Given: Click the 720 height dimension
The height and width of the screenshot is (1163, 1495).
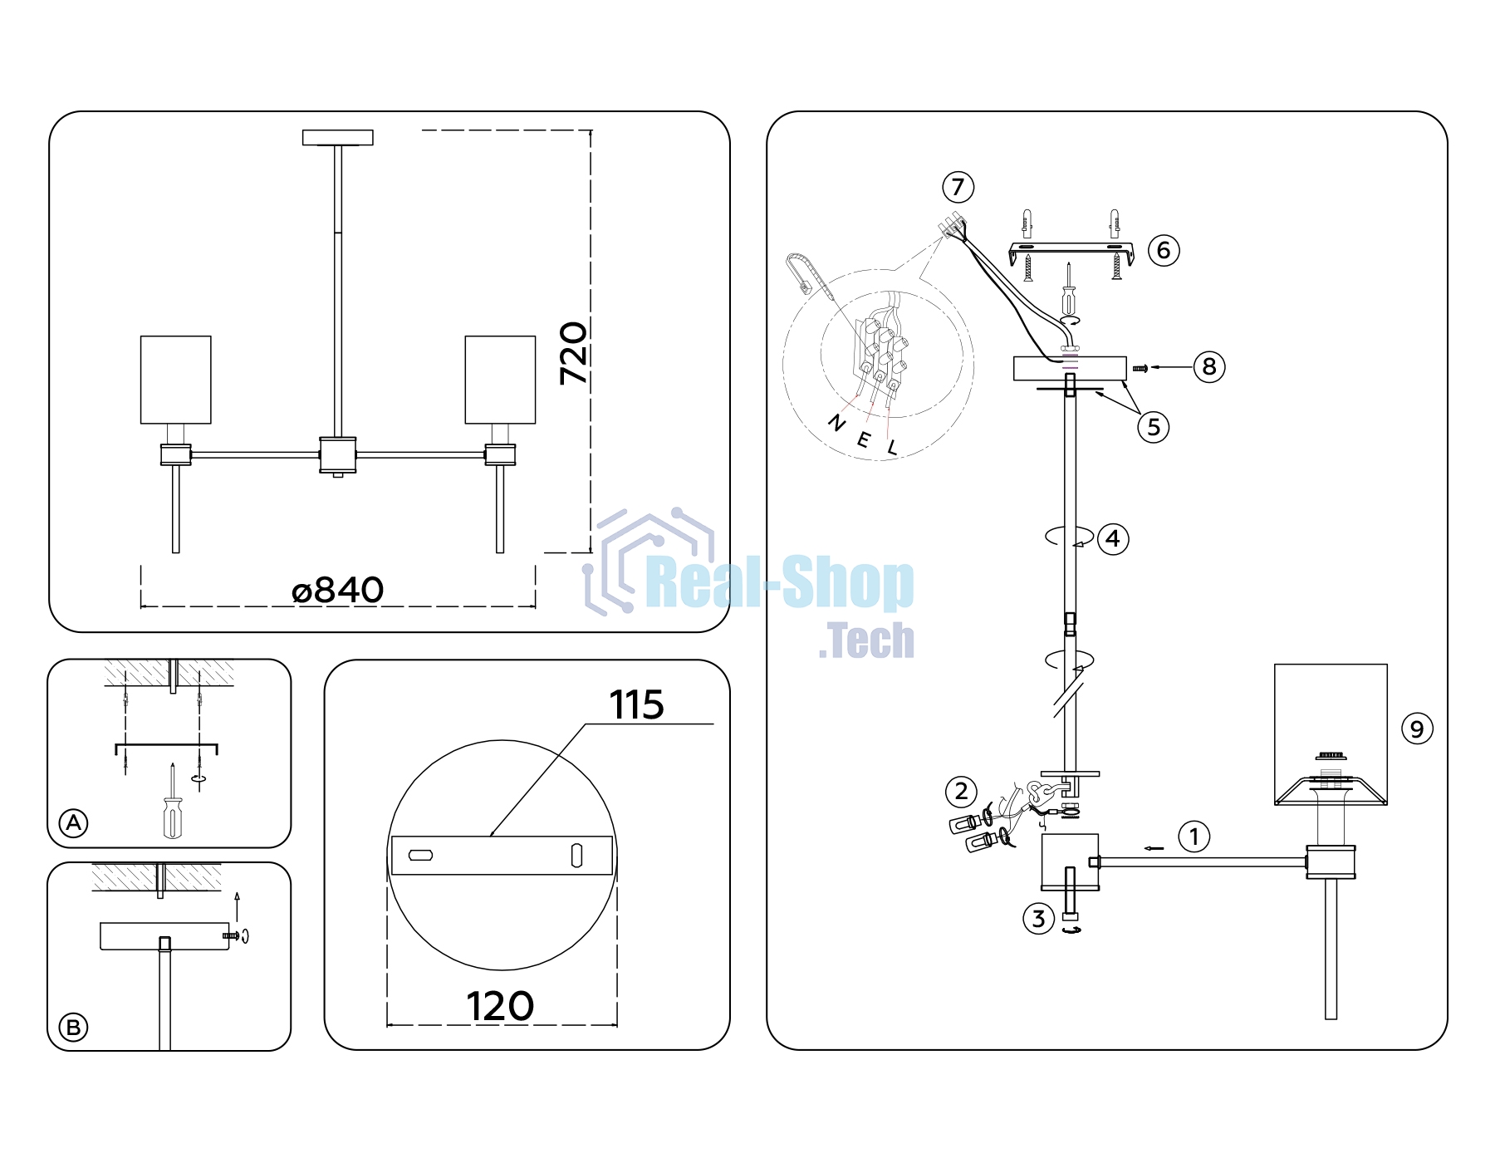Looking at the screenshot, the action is click(574, 353).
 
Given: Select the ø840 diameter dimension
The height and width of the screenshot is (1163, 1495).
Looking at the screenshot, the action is click(338, 591).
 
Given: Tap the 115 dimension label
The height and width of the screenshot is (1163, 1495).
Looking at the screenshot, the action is click(637, 705).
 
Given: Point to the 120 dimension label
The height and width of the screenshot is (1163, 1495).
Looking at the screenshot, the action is click(500, 1006).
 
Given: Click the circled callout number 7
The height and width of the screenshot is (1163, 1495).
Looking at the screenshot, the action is click(958, 187).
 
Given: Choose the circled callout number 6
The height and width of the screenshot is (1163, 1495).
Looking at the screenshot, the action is click(1164, 250).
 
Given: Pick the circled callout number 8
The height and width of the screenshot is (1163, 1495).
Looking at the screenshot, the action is click(1209, 366).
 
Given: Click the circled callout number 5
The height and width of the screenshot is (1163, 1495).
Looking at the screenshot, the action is click(1154, 427).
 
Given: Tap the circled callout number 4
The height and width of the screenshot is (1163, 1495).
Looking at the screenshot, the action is click(1113, 539).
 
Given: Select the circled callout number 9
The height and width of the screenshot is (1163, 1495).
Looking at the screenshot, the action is click(1417, 729).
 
